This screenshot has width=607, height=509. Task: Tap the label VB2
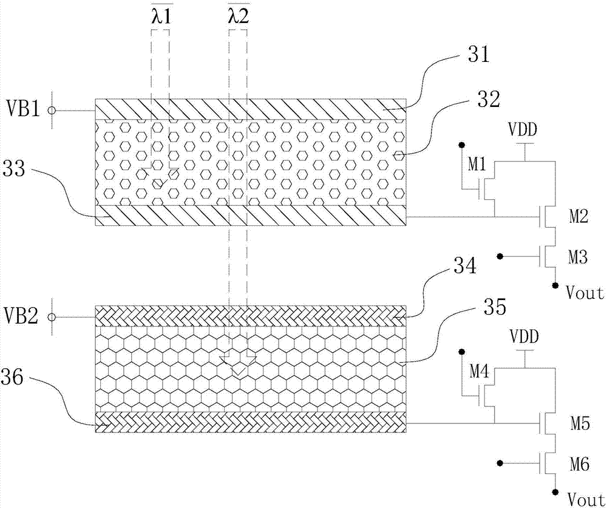[x=22, y=316]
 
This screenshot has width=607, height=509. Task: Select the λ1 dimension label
[x=161, y=16]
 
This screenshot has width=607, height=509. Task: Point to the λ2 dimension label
[x=238, y=16]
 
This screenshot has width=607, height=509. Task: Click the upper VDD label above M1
[x=524, y=129]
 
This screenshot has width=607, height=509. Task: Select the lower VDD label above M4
[x=524, y=335]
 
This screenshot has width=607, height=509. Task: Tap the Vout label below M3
[x=585, y=293]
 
